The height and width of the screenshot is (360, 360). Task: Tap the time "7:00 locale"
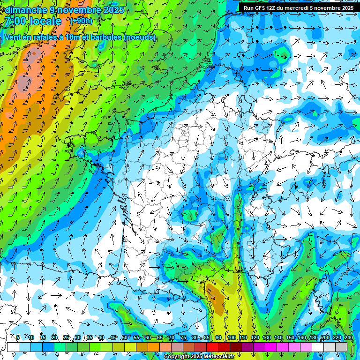33,21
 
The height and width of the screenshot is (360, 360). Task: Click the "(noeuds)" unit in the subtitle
139,37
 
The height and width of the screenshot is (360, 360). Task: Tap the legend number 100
231,337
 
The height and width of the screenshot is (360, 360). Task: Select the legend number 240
348,337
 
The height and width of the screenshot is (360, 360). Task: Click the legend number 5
18,337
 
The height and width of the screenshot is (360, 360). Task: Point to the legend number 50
124,337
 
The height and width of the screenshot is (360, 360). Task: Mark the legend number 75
183,337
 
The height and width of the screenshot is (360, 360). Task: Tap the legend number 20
54,337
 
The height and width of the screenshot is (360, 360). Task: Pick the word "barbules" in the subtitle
104,37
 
